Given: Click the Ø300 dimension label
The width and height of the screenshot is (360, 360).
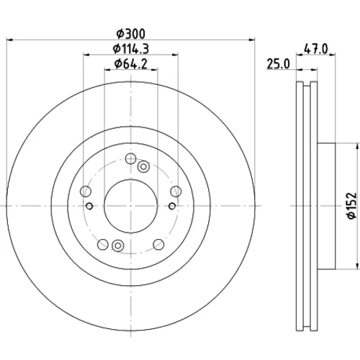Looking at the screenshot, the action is pyautogui.click(x=131, y=34).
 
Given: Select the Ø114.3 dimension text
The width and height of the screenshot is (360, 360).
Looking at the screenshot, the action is pyautogui.click(x=131, y=49).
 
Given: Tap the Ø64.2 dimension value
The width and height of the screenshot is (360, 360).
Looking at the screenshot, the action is pyautogui.click(x=131, y=64).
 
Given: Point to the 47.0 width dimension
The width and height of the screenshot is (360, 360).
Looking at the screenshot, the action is pyautogui.click(x=315, y=50).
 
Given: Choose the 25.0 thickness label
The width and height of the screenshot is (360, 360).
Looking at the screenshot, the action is pyautogui.click(x=279, y=64).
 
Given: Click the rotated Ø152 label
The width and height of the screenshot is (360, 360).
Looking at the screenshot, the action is pyautogui.click(x=352, y=205).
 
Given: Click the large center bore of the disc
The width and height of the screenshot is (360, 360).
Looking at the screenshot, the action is pyautogui.click(x=131, y=206).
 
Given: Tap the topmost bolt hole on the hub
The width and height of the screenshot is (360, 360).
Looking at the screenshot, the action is pyautogui.click(x=131, y=158).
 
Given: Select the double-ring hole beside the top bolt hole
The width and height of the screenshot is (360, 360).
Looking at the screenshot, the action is pyautogui.click(x=143, y=166).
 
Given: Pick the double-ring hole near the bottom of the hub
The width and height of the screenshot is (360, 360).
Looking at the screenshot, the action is pyautogui.click(x=118, y=246).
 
